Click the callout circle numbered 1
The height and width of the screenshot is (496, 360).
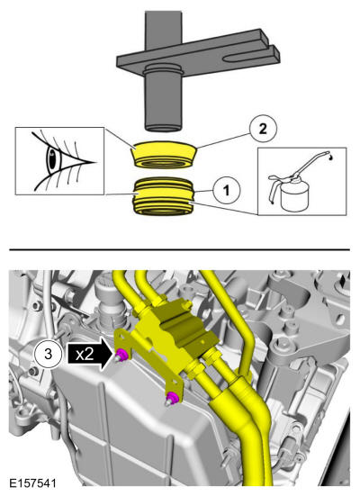(x=227, y=191)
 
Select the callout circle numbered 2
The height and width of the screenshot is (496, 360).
(x=263, y=129)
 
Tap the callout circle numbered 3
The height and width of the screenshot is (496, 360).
(x=48, y=354)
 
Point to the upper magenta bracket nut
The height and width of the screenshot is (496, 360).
(x=121, y=356)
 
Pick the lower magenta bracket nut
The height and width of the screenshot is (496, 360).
(x=172, y=398)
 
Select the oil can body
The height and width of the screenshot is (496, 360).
(x=294, y=197)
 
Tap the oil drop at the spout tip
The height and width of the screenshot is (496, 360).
(x=330, y=158)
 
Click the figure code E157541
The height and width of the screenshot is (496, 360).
(x=33, y=483)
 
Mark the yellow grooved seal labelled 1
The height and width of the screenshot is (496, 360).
(x=164, y=197)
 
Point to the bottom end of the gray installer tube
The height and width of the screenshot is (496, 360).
(x=164, y=128)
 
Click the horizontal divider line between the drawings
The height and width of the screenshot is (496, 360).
(x=180, y=250)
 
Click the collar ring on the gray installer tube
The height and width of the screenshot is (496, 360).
(x=163, y=70)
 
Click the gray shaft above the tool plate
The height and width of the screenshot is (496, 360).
(x=163, y=32)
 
